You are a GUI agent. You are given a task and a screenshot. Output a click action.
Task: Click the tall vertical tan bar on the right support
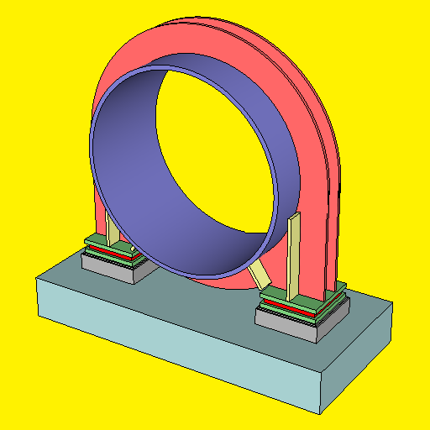(x=293, y=256)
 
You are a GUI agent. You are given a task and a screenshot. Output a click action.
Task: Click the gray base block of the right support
(x=290, y=327)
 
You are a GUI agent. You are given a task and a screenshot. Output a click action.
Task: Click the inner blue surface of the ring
(x=126, y=168)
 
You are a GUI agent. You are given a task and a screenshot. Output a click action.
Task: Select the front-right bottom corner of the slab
(x=320, y=412)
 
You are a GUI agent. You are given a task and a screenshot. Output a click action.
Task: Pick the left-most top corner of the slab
(x=38, y=280)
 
